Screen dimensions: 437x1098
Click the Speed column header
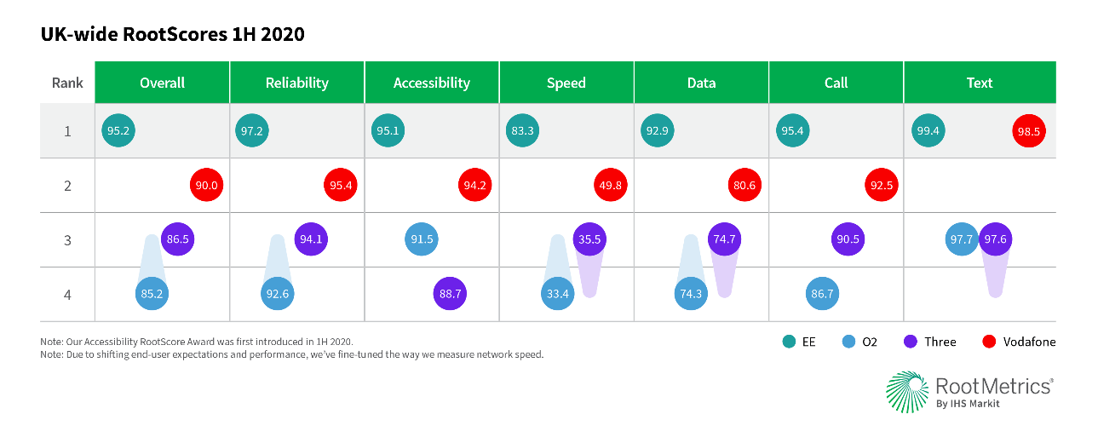click(566, 83)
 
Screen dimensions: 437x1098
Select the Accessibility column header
click(431, 83)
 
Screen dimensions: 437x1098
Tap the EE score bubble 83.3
click(521, 131)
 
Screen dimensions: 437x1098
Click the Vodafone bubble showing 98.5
click(1028, 131)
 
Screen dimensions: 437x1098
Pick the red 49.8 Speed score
click(610, 186)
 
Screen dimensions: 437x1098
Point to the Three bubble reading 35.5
click(589, 239)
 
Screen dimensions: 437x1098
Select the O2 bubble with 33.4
click(557, 294)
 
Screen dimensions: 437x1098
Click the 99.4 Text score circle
click(928, 131)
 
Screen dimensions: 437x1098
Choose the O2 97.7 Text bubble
click(962, 239)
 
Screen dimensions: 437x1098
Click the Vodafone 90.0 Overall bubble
click(206, 186)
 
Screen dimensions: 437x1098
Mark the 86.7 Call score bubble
click(822, 294)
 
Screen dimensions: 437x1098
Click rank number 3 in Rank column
click(67, 239)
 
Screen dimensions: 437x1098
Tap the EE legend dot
click(788, 342)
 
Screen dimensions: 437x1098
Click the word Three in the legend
click(940, 342)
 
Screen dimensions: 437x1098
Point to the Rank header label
click(67, 83)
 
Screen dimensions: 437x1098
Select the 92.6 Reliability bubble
click(278, 294)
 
